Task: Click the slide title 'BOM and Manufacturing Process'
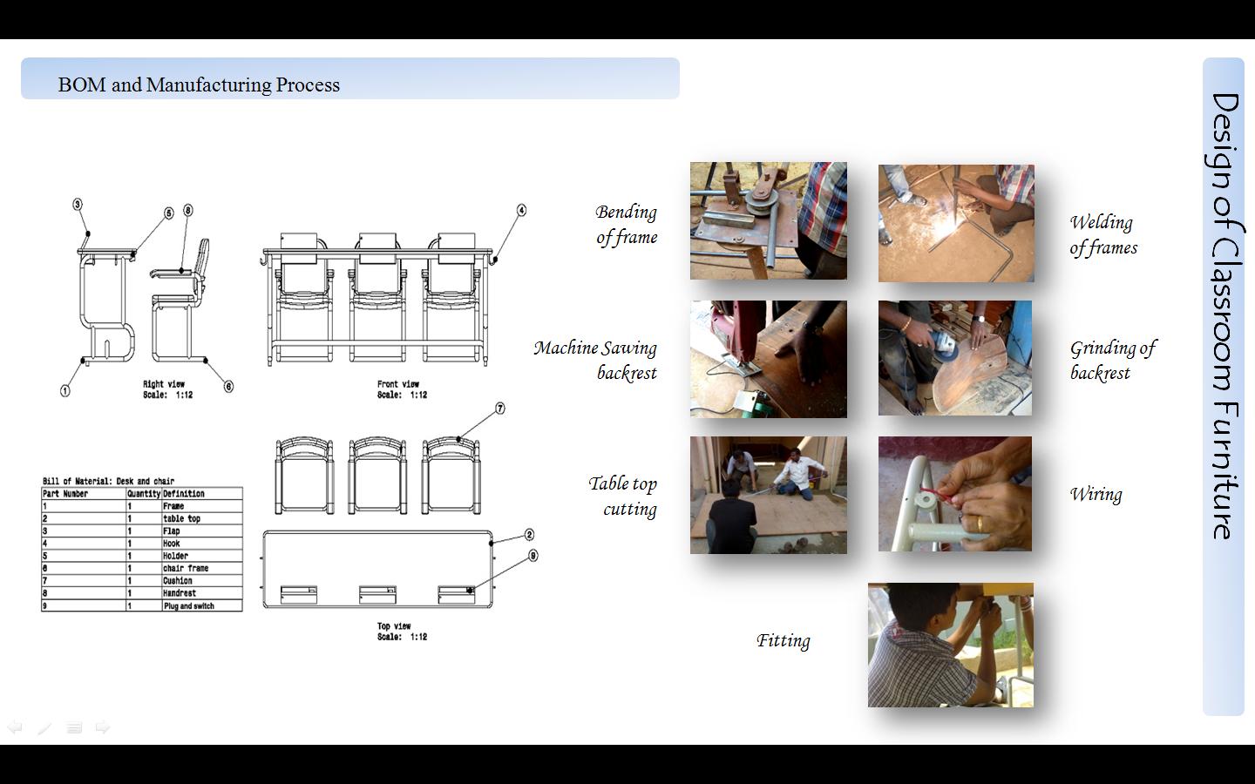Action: (x=199, y=84)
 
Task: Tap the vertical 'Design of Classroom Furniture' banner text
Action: (x=1224, y=315)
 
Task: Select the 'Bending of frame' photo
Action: (x=768, y=220)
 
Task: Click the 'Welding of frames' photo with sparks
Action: (x=956, y=223)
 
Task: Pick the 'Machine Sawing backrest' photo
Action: (x=768, y=359)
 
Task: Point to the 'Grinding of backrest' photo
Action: (x=954, y=358)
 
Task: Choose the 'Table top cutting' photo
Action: (x=768, y=495)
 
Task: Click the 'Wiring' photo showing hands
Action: (x=954, y=494)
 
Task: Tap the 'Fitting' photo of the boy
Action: (x=950, y=645)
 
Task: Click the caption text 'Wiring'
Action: (x=1096, y=494)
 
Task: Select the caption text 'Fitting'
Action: (x=783, y=640)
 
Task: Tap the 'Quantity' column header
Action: (x=144, y=493)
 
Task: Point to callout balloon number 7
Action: (x=500, y=409)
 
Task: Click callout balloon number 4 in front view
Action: (x=521, y=210)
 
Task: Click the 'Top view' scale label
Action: (x=401, y=632)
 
